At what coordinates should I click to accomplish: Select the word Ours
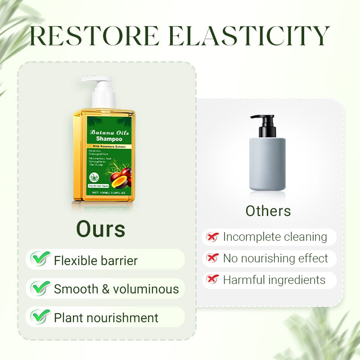pyautogui.click(x=100, y=229)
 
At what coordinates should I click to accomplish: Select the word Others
pyautogui.click(x=268, y=211)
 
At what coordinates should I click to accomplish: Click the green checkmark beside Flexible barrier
pyautogui.click(x=40, y=259)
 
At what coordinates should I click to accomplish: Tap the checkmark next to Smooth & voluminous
pyautogui.click(x=40, y=288)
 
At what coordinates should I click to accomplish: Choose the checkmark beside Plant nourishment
pyautogui.click(x=40, y=316)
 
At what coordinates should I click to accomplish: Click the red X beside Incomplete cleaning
pyautogui.click(x=212, y=237)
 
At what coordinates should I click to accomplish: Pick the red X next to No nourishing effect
pyautogui.click(x=212, y=258)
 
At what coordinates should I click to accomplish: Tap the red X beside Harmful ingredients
pyautogui.click(x=212, y=279)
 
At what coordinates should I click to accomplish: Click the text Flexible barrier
pyautogui.click(x=96, y=260)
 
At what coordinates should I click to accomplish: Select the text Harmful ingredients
pyautogui.click(x=274, y=279)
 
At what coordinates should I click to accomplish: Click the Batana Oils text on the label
pyautogui.click(x=109, y=132)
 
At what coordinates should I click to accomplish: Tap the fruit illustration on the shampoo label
pyautogui.click(x=121, y=177)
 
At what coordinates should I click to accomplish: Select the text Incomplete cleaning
pyautogui.click(x=275, y=237)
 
